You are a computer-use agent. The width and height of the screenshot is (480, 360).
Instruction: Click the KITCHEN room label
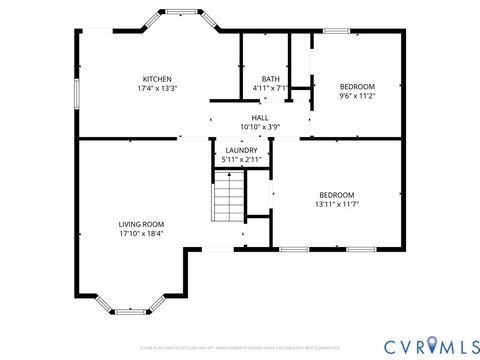point(157,79)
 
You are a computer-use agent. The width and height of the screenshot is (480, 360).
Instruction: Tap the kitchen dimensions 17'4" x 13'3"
point(157,88)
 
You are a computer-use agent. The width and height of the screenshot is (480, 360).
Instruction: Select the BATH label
point(270,79)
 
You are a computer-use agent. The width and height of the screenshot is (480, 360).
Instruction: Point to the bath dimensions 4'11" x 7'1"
point(270,88)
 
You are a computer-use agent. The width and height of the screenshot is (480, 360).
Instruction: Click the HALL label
point(259,118)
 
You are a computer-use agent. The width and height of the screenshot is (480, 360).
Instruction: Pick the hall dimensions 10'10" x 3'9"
point(259,127)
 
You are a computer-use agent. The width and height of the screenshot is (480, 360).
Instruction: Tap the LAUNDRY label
point(242,150)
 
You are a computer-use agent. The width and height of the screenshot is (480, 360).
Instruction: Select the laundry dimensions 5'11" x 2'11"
point(242,159)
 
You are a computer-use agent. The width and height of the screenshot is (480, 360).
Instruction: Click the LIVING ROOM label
point(141,224)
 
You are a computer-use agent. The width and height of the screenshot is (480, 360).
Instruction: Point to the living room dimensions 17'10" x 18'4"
point(141,233)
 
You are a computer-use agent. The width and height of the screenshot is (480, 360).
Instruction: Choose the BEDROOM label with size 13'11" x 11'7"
point(336,194)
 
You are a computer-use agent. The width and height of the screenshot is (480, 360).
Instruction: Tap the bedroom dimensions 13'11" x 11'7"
point(336,203)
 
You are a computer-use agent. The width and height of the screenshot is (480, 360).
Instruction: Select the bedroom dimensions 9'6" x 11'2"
point(357,97)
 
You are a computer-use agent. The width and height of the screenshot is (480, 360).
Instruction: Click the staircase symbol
point(228,197)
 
